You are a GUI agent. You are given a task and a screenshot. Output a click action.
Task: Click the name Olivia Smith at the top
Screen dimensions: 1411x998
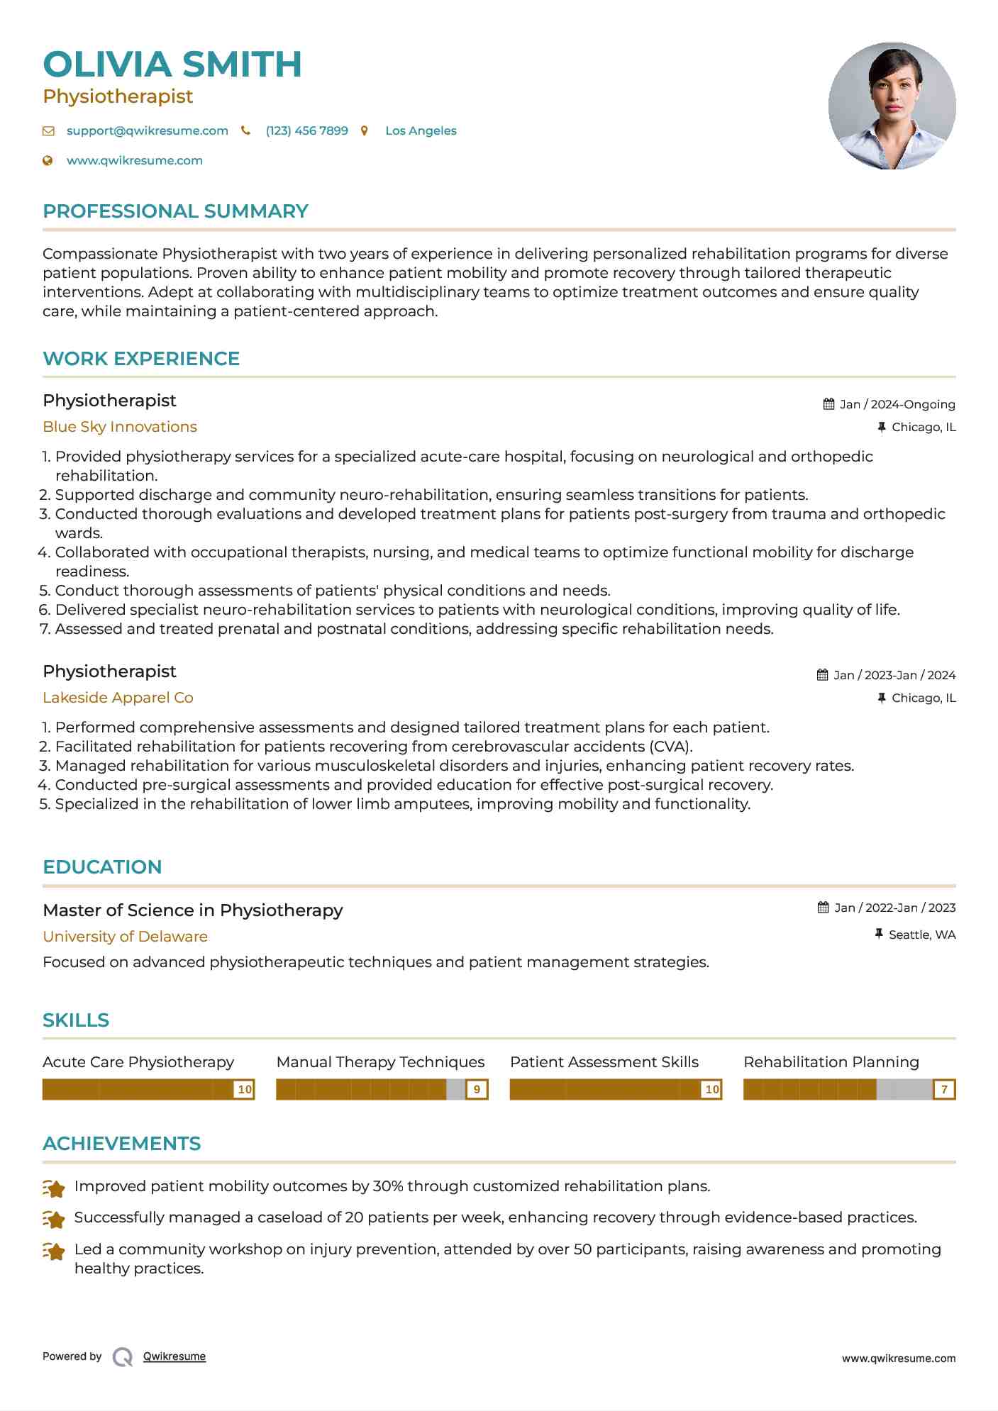click(172, 65)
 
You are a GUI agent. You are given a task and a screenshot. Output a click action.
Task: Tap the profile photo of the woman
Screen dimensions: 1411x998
click(892, 106)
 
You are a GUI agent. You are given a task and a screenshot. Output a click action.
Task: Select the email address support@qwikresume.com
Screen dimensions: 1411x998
click(147, 131)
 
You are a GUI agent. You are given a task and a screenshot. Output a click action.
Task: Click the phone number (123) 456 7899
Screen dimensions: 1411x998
click(306, 131)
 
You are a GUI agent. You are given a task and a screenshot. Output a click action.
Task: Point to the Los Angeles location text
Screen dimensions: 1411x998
click(421, 131)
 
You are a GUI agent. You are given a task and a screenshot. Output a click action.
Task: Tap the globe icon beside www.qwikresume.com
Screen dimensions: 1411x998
click(48, 161)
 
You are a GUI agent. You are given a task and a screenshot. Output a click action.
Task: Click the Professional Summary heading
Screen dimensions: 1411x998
click(175, 211)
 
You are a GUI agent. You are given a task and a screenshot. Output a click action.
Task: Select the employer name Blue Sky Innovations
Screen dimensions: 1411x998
click(120, 427)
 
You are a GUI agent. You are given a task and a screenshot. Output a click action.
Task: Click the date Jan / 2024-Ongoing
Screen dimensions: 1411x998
click(897, 405)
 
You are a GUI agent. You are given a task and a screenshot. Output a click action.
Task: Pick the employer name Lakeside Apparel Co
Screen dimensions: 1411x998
click(118, 698)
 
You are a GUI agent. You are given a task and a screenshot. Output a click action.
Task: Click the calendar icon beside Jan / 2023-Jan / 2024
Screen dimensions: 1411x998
click(823, 675)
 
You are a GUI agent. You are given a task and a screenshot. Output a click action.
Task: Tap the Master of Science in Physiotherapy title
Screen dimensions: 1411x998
click(192, 910)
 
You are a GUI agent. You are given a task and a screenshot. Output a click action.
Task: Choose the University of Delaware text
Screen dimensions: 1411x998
click(125, 937)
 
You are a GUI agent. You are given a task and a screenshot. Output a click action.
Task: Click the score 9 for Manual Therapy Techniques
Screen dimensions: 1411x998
click(477, 1090)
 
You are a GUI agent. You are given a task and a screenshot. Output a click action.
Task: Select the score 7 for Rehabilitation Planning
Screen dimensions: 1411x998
click(944, 1090)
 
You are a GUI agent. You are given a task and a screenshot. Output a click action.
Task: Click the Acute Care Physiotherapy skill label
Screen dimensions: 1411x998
click(138, 1062)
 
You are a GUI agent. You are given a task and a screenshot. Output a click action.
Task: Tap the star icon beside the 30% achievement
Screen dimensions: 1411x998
click(54, 1188)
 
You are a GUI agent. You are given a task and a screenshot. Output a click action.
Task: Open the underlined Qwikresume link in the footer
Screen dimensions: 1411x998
click(174, 1356)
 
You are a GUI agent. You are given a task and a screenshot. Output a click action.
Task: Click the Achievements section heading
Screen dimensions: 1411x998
click(121, 1144)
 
